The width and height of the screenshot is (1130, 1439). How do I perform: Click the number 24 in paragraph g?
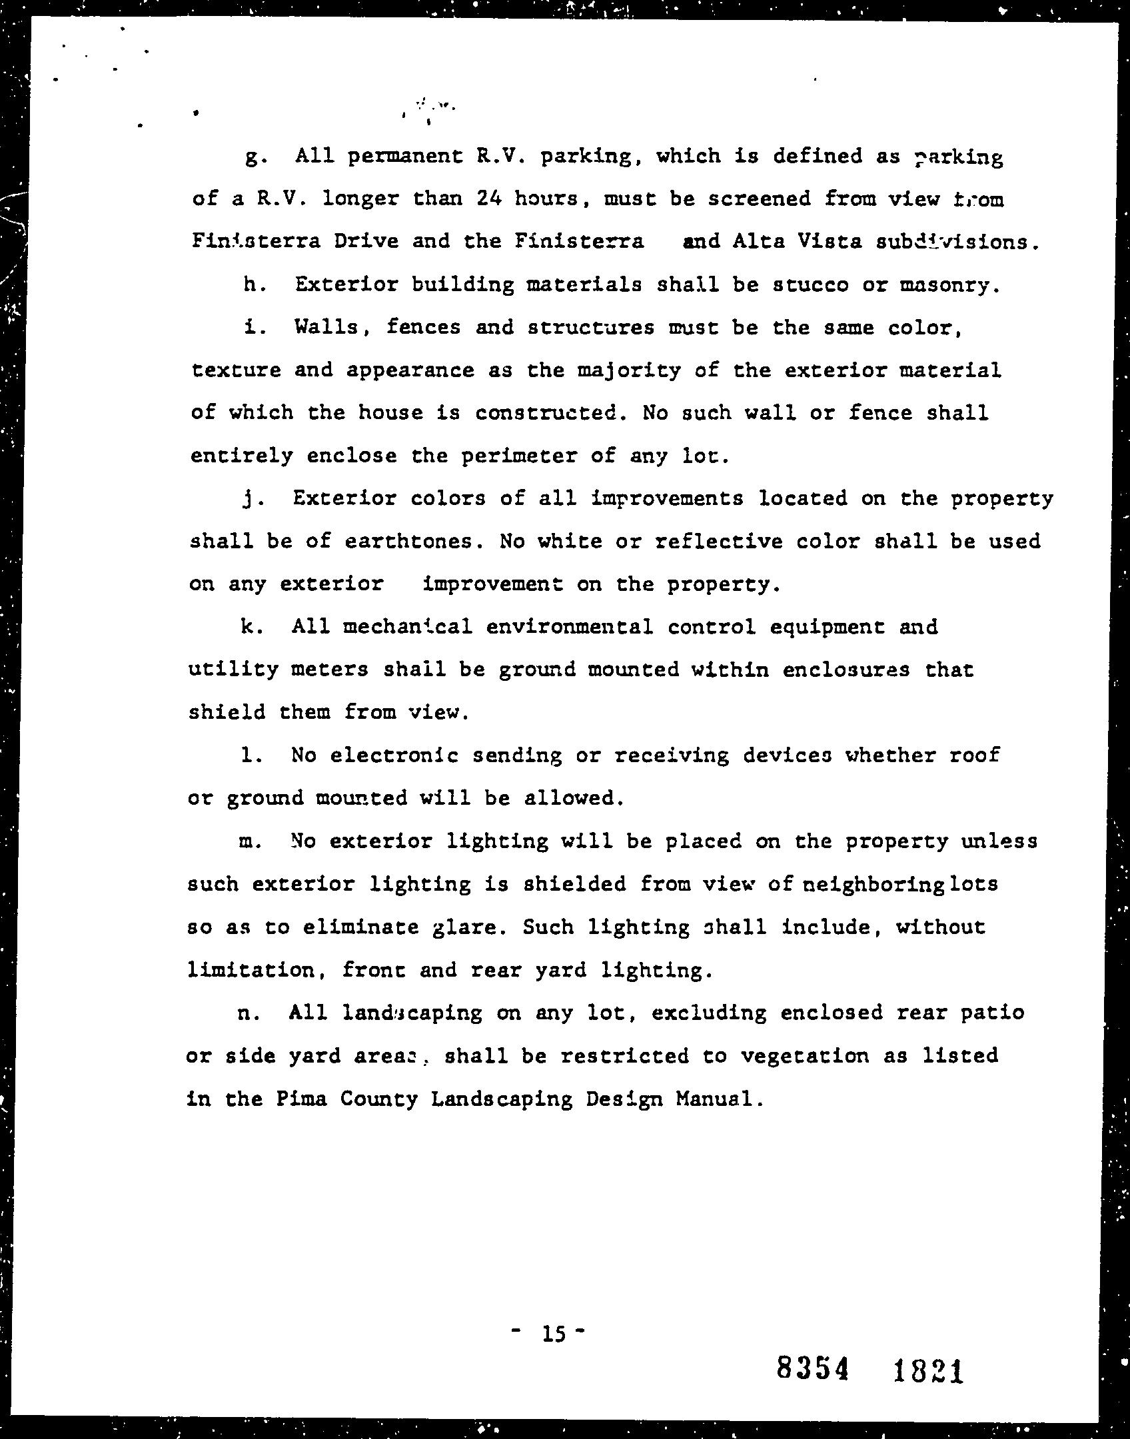click(489, 199)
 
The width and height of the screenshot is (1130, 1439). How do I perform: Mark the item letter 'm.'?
click(250, 842)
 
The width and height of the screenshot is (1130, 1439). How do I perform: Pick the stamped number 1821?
click(928, 1372)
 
